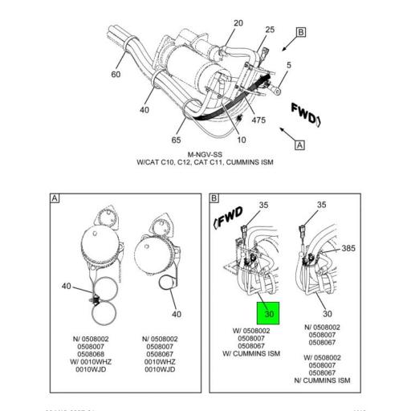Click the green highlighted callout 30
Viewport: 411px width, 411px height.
[268, 313]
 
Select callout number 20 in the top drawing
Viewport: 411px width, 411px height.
[238, 23]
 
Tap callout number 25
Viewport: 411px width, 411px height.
[270, 31]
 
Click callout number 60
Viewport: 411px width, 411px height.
[116, 75]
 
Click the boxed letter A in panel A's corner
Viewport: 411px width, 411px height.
[55, 198]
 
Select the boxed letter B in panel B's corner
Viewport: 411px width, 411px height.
[215, 198]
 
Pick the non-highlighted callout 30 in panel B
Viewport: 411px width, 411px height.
[328, 314]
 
